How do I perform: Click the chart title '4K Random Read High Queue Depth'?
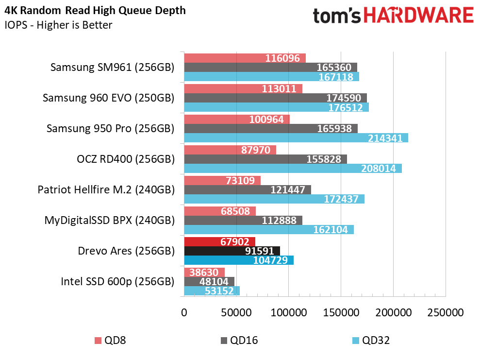(x=95, y=11)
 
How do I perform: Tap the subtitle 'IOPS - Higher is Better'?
(x=58, y=25)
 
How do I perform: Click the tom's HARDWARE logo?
(x=394, y=16)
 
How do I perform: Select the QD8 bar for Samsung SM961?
(x=245, y=58)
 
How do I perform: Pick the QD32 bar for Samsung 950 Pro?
(x=296, y=138)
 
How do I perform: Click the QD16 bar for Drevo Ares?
(x=232, y=251)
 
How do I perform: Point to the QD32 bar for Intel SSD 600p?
(x=212, y=291)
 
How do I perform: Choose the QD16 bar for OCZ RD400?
(x=265, y=159)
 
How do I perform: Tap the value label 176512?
(x=346, y=107)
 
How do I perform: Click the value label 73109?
(x=240, y=180)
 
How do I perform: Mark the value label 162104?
(x=331, y=229)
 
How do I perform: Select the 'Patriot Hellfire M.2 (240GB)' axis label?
(x=106, y=189)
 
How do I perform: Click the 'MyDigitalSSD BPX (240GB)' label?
(x=109, y=220)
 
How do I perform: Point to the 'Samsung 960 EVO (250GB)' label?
(x=108, y=98)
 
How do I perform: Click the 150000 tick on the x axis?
(x=341, y=312)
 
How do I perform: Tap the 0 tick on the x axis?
(x=184, y=312)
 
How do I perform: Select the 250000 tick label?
(x=446, y=312)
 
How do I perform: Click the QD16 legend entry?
(x=239, y=341)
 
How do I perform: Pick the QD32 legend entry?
(x=371, y=341)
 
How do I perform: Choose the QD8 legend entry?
(x=110, y=341)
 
